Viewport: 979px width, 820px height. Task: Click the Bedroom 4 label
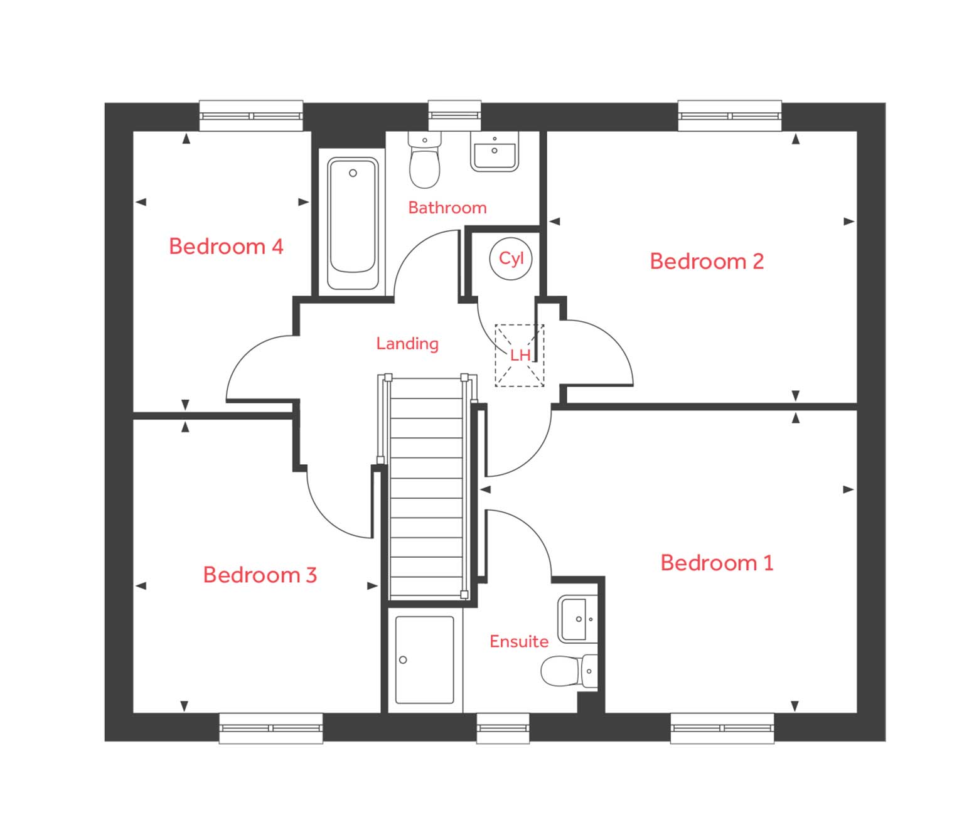pyautogui.click(x=226, y=247)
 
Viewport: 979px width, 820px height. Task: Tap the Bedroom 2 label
pyautogui.click(x=707, y=262)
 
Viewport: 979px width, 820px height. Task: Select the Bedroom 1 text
pyautogui.click(x=717, y=563)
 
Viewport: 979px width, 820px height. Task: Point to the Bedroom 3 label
pyautogui.click(x=260, y=575)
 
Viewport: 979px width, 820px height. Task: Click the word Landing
pyautogui.click(x=407, y=344)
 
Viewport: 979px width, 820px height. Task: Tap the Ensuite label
pyautogui.click(x=519, y=642)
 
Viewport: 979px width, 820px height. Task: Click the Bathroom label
pyautogui.click(x=447, y=208)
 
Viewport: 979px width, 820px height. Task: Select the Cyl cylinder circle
pyautogui.click(x=511, y=258)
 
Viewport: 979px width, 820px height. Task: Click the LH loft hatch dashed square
pyautogui.click(x=519, y=355)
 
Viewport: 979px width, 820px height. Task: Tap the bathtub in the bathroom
pyautogui.click(x=353, y=223)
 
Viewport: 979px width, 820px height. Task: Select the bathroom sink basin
pyautogui.click(x=495, y=152)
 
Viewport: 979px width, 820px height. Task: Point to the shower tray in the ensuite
pyautogui.click(x=424, y=659)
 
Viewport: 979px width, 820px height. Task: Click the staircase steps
pyautogui.click(x=426, y=489)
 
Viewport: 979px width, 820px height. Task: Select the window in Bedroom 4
pyautogui.click(x=251, y=116)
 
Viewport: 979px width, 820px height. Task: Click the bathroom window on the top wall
pyautogui.click(x=454, y=116)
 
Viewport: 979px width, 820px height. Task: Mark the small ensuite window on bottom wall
pyautogui.click(x=503, y=728)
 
